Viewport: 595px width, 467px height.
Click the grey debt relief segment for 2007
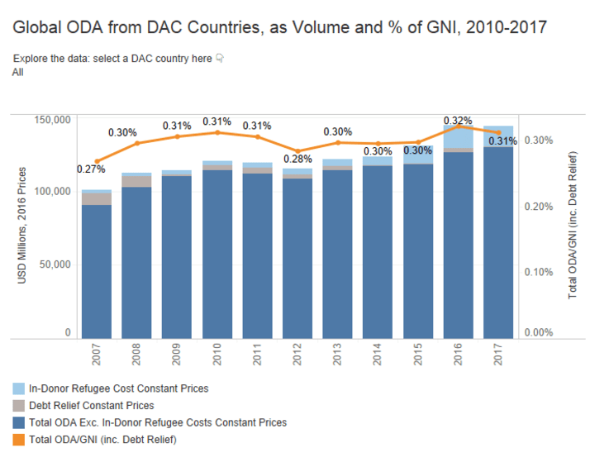click(97, 198)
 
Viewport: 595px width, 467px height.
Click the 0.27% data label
click(91, 169)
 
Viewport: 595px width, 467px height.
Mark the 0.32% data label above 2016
click(457, 121)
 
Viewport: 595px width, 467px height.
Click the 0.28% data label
click(298, 159)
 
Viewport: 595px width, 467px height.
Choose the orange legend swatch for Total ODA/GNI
click(18, 440)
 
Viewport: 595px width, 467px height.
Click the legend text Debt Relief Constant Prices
click(91, 406)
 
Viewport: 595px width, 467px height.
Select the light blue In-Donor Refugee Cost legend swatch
click(18, 388)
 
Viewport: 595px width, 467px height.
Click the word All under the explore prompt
click(18, 72)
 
